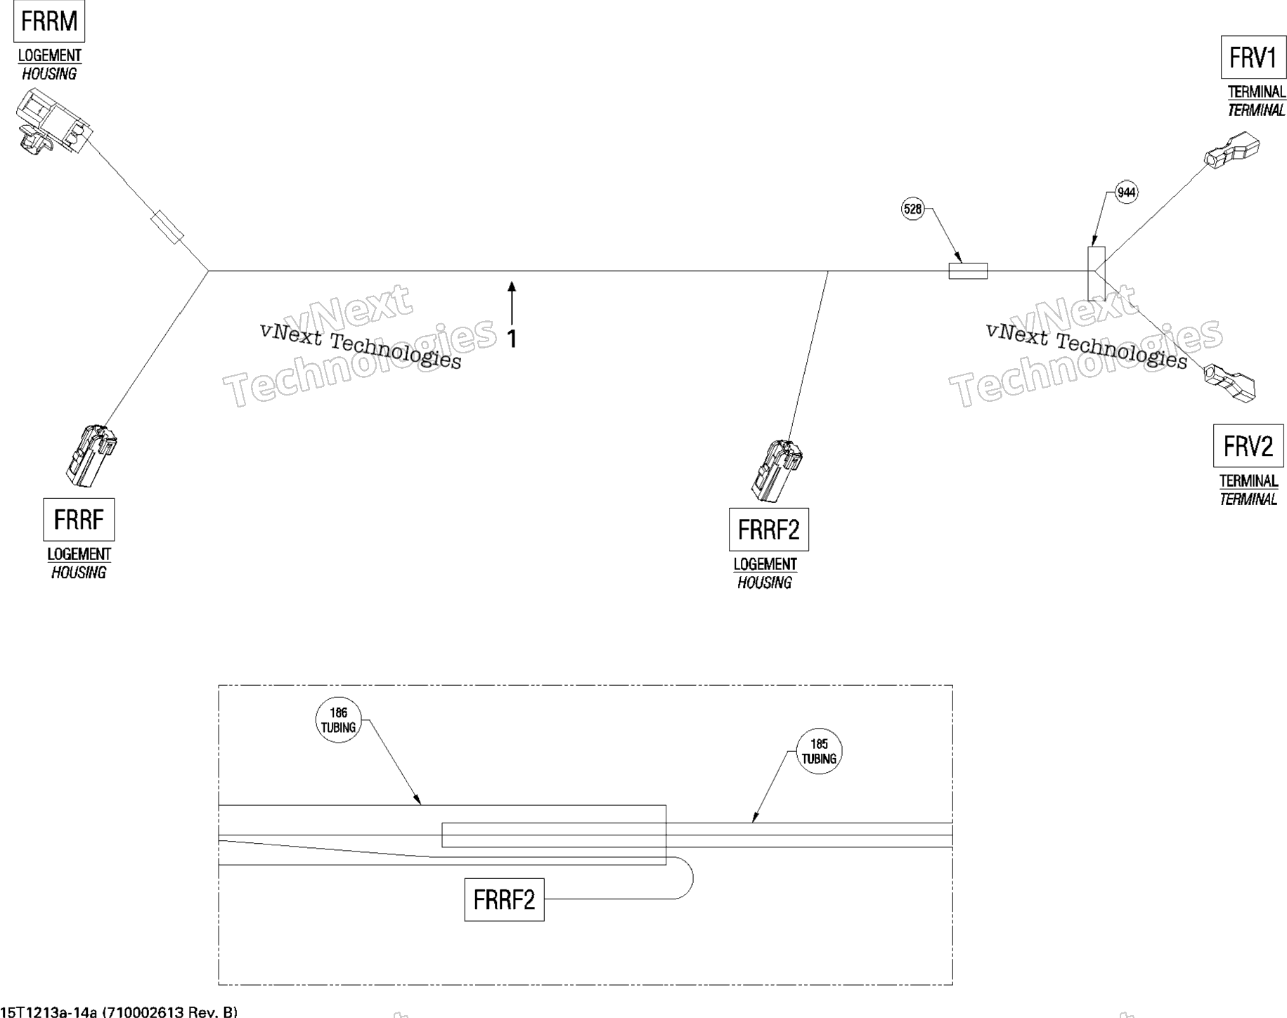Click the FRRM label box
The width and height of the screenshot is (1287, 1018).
(x=49, y=22)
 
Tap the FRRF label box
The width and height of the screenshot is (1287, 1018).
(x=79, y=520)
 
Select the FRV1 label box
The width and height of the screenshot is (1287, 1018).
(x=1253, y=58)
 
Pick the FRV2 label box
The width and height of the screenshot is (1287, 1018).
(x=1248, y=446)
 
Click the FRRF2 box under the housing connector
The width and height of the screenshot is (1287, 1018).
(x=769, y=530)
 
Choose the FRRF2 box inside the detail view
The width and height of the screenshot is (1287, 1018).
(x=504, y=900)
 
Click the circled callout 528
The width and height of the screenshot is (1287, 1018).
(x=912, y=209)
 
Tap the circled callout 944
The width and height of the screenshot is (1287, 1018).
(x=1126, y=192)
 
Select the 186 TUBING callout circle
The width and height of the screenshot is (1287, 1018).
(x=338, y=720)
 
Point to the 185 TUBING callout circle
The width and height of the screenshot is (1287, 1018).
(x=819, y=751)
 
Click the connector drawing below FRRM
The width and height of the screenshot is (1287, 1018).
(x=52, y=121)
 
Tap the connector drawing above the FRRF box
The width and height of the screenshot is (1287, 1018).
(x=91, y=455)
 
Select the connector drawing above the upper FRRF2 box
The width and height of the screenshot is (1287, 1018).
(x=776, y=471)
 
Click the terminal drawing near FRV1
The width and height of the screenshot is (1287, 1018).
(x=1231, y=150)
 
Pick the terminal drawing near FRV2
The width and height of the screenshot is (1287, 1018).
(x=1230, y=383)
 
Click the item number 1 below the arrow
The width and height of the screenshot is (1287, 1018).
(x=512, y=339)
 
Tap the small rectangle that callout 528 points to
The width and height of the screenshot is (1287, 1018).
(x=968, y=270)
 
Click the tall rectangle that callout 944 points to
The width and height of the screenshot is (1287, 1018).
(x=1096, y=273)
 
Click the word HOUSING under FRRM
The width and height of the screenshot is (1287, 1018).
(x=49, y=74)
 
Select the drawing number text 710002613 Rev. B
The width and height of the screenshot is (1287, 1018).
(x=170, y=1012)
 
